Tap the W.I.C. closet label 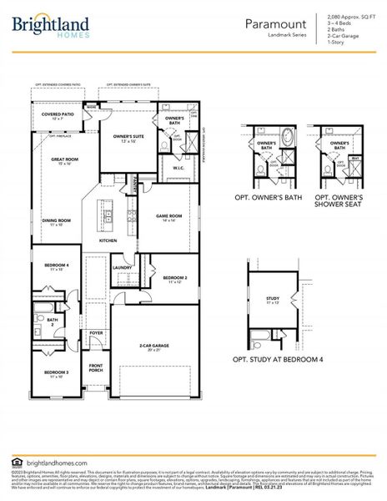point(178,168)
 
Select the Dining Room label point(56,221)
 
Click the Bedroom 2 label point(174,279)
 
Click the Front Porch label point(96,368)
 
